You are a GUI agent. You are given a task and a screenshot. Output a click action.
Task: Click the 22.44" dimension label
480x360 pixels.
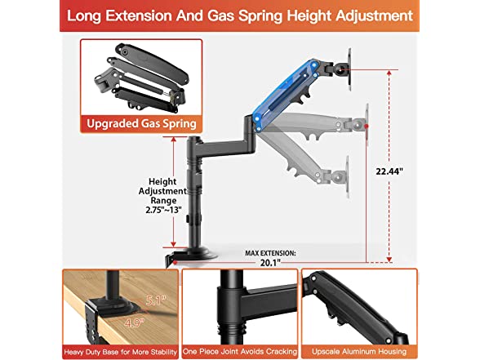pyautogui.click(x=389, y=171)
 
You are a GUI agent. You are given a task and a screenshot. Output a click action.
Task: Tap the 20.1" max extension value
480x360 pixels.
pyautogui.click(x=270, y=263)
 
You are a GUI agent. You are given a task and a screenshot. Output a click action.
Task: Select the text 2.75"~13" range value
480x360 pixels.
pyautogui.click(x=163, y=210)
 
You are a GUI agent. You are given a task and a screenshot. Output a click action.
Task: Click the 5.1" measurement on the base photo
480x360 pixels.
pyautogui.click(x=156, y=300)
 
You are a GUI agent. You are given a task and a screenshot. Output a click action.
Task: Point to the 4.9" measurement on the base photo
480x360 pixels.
pyautogui.click(x=135, y=322)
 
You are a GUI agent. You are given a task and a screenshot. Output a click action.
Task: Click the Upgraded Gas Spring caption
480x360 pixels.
pyautogui.click(x=141, y=124)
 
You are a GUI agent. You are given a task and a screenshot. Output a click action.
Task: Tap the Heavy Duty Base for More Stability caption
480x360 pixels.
pyautogui.click(x=120, y=352)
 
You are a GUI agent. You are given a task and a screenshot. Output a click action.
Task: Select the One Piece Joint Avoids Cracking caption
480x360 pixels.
pyautogui.click(x=240, y=351)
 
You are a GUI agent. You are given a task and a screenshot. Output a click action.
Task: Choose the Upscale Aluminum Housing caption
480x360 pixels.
pyautogui.click(x=359, y=351)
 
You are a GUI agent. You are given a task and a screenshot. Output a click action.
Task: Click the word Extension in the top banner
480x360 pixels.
pyautogui.click(x=139, y=16)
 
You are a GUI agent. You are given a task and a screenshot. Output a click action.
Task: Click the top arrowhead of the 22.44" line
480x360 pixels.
pyautogui.click(x=389, y=73)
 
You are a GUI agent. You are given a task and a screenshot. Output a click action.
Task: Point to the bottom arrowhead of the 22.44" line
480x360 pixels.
pyautogui.click(x=389, y=260)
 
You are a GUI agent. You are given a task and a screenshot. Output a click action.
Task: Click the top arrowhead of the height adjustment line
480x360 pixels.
pyautogui.click(x=173, y=140)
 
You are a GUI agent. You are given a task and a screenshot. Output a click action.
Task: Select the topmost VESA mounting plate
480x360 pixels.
pyautogui.click(x=349, y=69)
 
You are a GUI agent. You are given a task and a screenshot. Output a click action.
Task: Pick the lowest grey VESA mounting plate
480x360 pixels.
pyautogui.click(x=348, y=177)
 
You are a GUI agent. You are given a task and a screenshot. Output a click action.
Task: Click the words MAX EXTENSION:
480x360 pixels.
pyautogui.click(x=270, y=253)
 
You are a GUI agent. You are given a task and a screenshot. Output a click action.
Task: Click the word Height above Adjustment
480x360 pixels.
pyautogui.click(x=162, y=181)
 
